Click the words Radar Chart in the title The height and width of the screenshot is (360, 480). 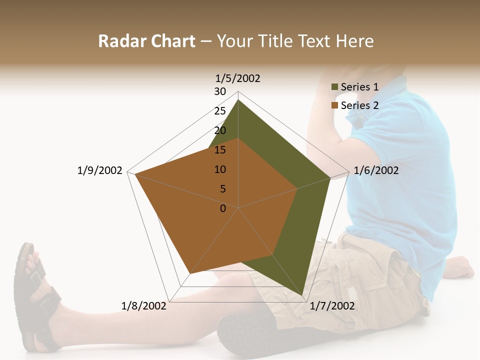pos(146,41)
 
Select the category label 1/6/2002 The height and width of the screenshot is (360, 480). pos(376,170)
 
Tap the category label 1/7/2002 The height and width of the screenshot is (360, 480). pos(332,306)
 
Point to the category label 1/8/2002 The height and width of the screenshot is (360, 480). pos(144,306)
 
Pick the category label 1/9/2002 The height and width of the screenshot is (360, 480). pos(99,170)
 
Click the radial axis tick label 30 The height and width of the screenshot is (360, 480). pos(220,91)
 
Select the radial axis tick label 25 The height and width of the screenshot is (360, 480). pos(220,111)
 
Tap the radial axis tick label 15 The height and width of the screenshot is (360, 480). pos(220,150)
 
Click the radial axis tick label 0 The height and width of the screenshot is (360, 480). pos(223,208)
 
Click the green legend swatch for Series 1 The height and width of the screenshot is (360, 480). pos(334,87)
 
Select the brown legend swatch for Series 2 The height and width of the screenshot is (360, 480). pos(334,106)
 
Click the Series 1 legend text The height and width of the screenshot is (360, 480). pos(359,87)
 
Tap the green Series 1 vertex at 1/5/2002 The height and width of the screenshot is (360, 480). pos(238,100)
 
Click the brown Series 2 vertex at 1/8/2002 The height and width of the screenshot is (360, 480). pos(190,273)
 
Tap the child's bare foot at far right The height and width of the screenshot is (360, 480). pos(460,267)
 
